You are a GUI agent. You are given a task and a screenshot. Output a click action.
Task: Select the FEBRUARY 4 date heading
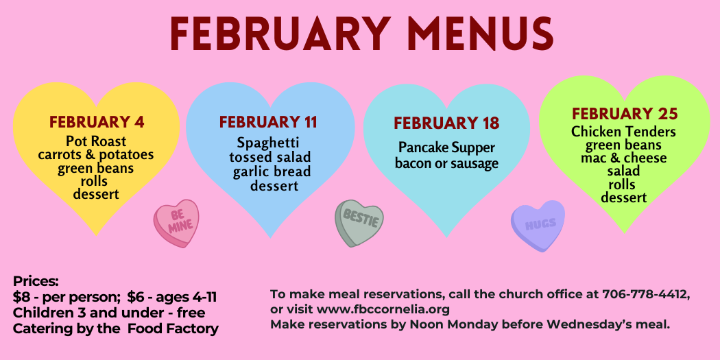(97, 122)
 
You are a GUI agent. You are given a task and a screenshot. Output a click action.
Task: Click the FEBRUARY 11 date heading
(268, 122)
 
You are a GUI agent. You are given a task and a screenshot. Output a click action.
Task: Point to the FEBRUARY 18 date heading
(446, 123)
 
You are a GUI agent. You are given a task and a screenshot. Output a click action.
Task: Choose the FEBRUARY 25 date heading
(625, 114)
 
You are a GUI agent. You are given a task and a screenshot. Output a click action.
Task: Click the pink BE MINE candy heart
(177, 223)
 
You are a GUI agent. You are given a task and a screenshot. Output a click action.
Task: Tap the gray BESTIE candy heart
(359, 223)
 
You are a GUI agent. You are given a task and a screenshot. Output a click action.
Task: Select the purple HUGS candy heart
(538, 225)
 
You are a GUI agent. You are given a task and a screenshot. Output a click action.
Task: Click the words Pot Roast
(96, 141)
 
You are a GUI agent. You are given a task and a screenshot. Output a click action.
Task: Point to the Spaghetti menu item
(268, 143)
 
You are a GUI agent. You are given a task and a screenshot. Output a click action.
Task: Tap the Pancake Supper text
(447, 148)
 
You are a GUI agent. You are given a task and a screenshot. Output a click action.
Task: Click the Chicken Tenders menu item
(623, 132)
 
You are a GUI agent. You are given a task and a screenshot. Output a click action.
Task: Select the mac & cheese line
(623, 158)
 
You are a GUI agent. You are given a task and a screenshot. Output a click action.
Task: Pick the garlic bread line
(272, 171)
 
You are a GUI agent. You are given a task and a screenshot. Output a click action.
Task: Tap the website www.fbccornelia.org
(383, 309)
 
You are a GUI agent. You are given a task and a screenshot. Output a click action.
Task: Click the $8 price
(20, 298)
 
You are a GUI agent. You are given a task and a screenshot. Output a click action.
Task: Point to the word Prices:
(36, 281)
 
